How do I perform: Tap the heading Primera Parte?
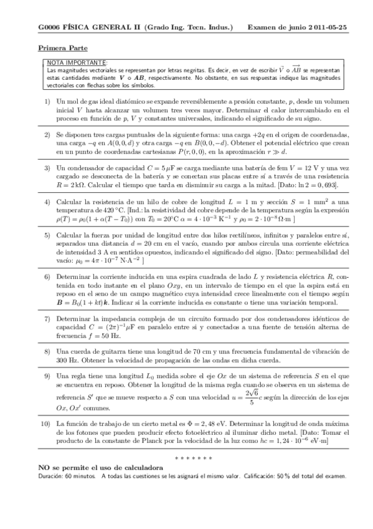(x=63, y=48)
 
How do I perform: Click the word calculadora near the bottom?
(x=141, y=467)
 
